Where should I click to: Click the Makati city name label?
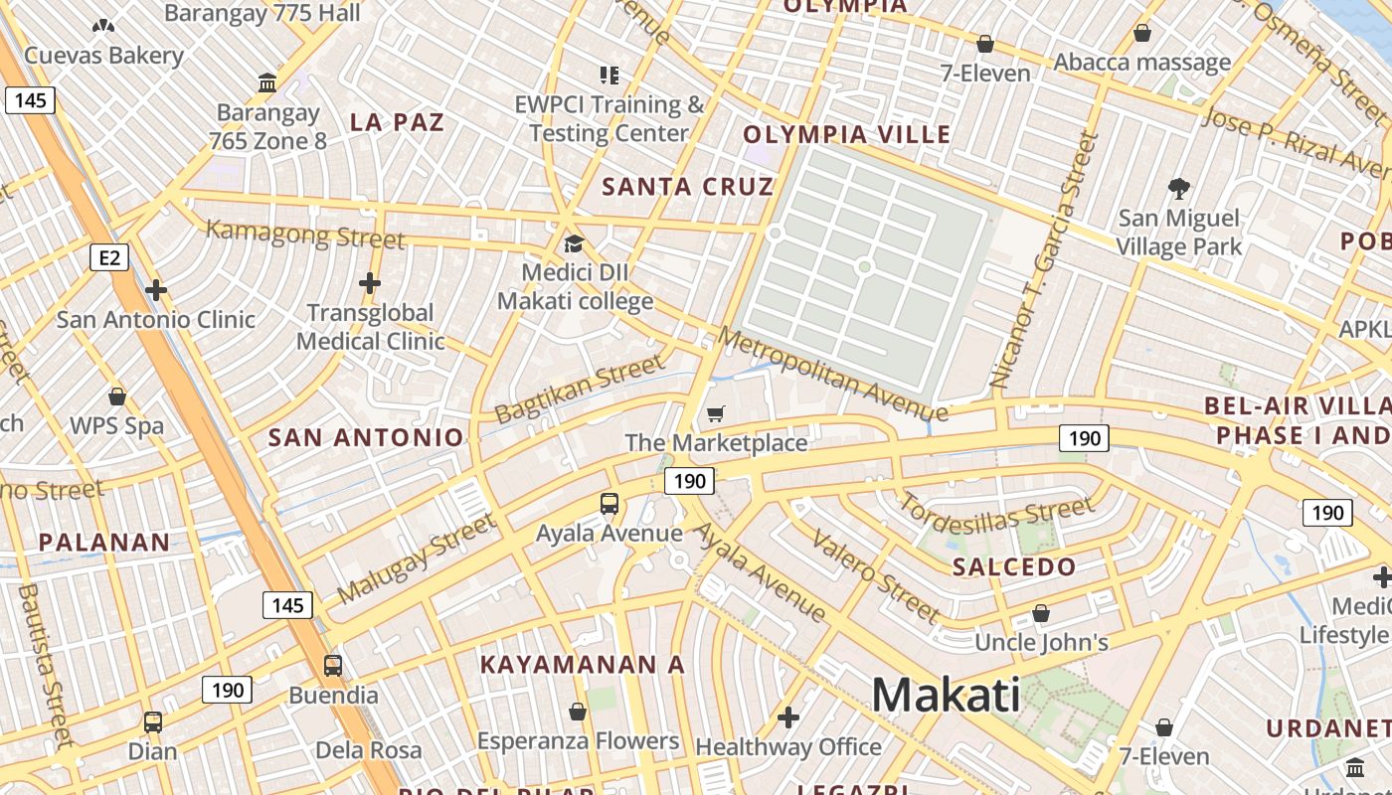click(946, 695)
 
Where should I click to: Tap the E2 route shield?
click(109, 258)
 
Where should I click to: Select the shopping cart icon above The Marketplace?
click(715, 413)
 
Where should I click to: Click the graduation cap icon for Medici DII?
click(574, 243)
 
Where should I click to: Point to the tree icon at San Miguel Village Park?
click(1179, 188)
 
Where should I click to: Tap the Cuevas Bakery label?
click(103, 55)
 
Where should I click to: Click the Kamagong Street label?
click(305, 235)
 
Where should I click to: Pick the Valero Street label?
click(875, 575)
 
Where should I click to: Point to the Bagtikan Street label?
click(579, 391)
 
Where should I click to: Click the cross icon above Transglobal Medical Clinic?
click(370, 283)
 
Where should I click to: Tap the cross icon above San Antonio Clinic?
click(155, 290)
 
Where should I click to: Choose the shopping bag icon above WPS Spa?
click(117, 397)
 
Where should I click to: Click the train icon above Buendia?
click(333, 666)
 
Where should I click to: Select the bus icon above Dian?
click(153, 722)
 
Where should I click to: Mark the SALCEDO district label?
click(1014, 567)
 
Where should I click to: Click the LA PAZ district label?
click(397, 122)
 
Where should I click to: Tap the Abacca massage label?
click(1142, 63)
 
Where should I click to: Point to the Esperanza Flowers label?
click(578, 741)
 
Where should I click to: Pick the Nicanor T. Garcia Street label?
click(1045, 261)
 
